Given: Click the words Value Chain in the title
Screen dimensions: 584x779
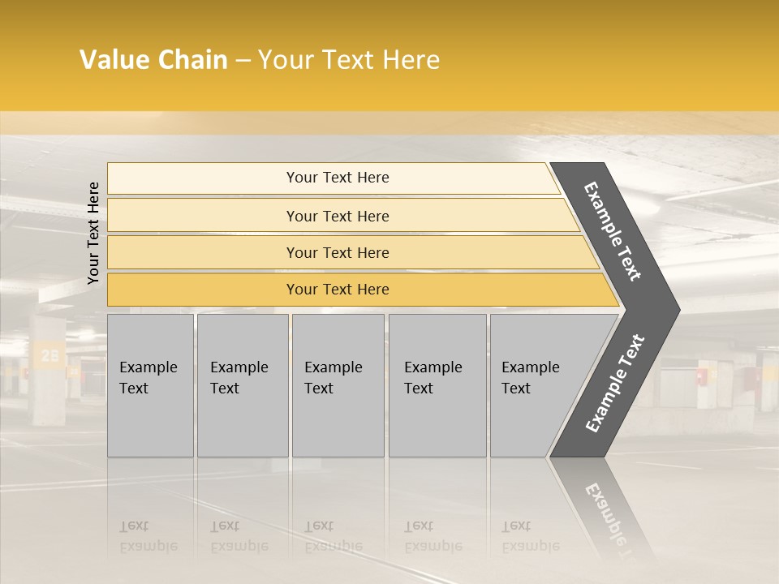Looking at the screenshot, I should (153, 60).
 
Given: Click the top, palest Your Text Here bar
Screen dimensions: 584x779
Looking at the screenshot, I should (338, 178).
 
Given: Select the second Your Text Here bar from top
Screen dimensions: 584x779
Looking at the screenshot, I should (338, 216).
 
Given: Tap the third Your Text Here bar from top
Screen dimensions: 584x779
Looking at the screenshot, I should (338, 252).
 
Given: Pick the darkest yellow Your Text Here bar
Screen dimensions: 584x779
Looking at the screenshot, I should (338, 290).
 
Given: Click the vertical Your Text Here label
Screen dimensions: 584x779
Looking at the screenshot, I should (93, 233).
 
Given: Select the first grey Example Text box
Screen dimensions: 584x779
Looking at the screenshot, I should (150, 385).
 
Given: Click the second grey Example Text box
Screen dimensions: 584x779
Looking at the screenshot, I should (242, 385).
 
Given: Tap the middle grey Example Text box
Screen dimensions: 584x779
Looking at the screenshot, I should (337, 385).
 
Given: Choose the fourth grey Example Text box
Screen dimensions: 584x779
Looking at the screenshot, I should (437, 385).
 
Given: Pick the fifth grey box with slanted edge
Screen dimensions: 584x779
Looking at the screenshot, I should (536, 385).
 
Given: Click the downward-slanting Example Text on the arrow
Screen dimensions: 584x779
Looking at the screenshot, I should (613, 230).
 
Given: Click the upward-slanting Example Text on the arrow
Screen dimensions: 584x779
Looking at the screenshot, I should (615, 383).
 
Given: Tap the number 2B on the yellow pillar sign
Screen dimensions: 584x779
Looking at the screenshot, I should (49, 354).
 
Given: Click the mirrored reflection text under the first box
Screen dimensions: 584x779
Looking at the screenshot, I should (148, 536).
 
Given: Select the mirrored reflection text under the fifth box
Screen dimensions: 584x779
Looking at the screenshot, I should (530, 536).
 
